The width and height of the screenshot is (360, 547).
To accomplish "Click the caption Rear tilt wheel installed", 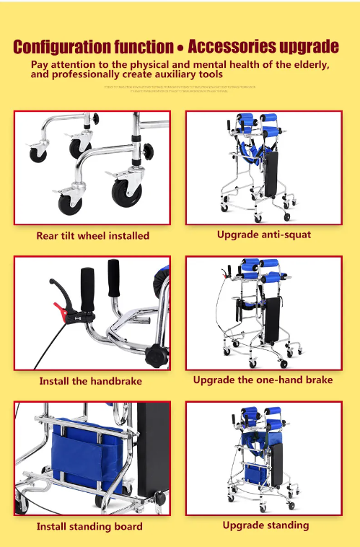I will [93, 235].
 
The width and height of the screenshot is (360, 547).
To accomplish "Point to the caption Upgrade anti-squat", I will [263, 235].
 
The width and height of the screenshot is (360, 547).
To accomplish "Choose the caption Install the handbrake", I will [91, 381].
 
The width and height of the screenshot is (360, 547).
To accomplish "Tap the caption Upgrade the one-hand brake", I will [263, 380].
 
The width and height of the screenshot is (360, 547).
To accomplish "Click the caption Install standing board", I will [89, 526].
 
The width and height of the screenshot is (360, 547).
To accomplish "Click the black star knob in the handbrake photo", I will [156, 354].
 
